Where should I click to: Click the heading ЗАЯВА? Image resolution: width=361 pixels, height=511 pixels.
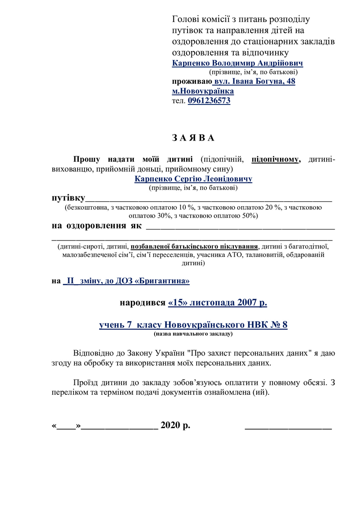(x=193, y=138)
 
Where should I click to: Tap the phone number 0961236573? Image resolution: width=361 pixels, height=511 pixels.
(x=209, y=101)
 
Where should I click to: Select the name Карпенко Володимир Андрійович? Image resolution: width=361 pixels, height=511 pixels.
(x=237, y=63)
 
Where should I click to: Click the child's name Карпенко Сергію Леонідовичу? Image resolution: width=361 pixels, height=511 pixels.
(x=193, y=179)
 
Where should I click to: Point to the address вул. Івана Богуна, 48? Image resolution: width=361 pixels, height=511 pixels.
(x=255, y=81)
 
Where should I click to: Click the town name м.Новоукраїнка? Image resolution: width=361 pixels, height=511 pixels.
(x=203, y=91)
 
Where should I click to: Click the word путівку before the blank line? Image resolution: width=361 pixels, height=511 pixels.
(x=68, y=197)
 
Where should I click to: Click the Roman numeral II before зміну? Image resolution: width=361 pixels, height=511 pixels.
(x=70, y=281)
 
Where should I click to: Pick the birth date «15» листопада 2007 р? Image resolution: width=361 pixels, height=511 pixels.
(x=217, y=303)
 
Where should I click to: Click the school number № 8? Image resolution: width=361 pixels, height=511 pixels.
(x=278, y=325)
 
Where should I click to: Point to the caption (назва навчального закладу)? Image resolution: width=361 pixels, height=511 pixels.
(x=193, y=334)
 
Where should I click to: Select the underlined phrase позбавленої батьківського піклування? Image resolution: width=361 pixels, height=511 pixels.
(x=194, y=247)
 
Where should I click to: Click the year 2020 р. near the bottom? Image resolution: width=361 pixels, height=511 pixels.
(x=175, y=426)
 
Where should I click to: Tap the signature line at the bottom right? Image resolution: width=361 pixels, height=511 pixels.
(x=288, y=427)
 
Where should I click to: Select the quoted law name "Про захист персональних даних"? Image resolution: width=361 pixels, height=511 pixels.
(x=230, y=354)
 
